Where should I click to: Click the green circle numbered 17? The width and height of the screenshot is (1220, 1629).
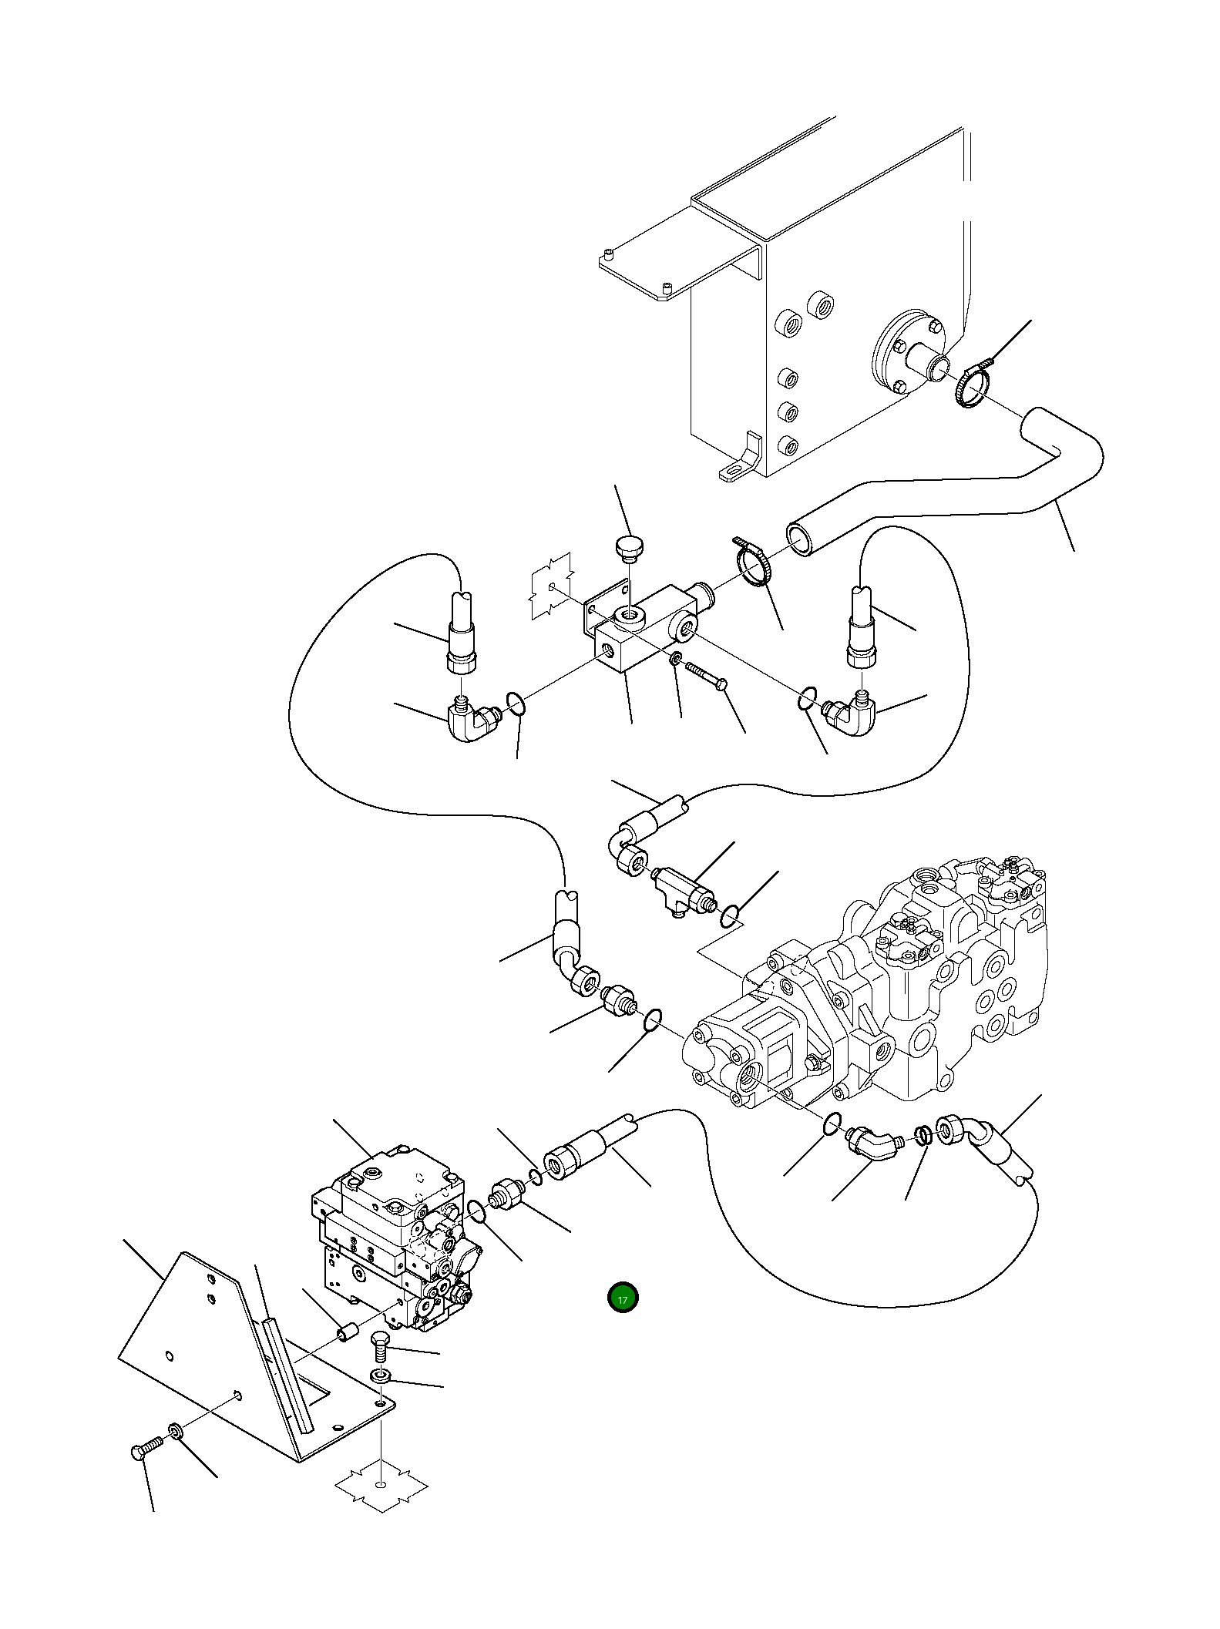623,1298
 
